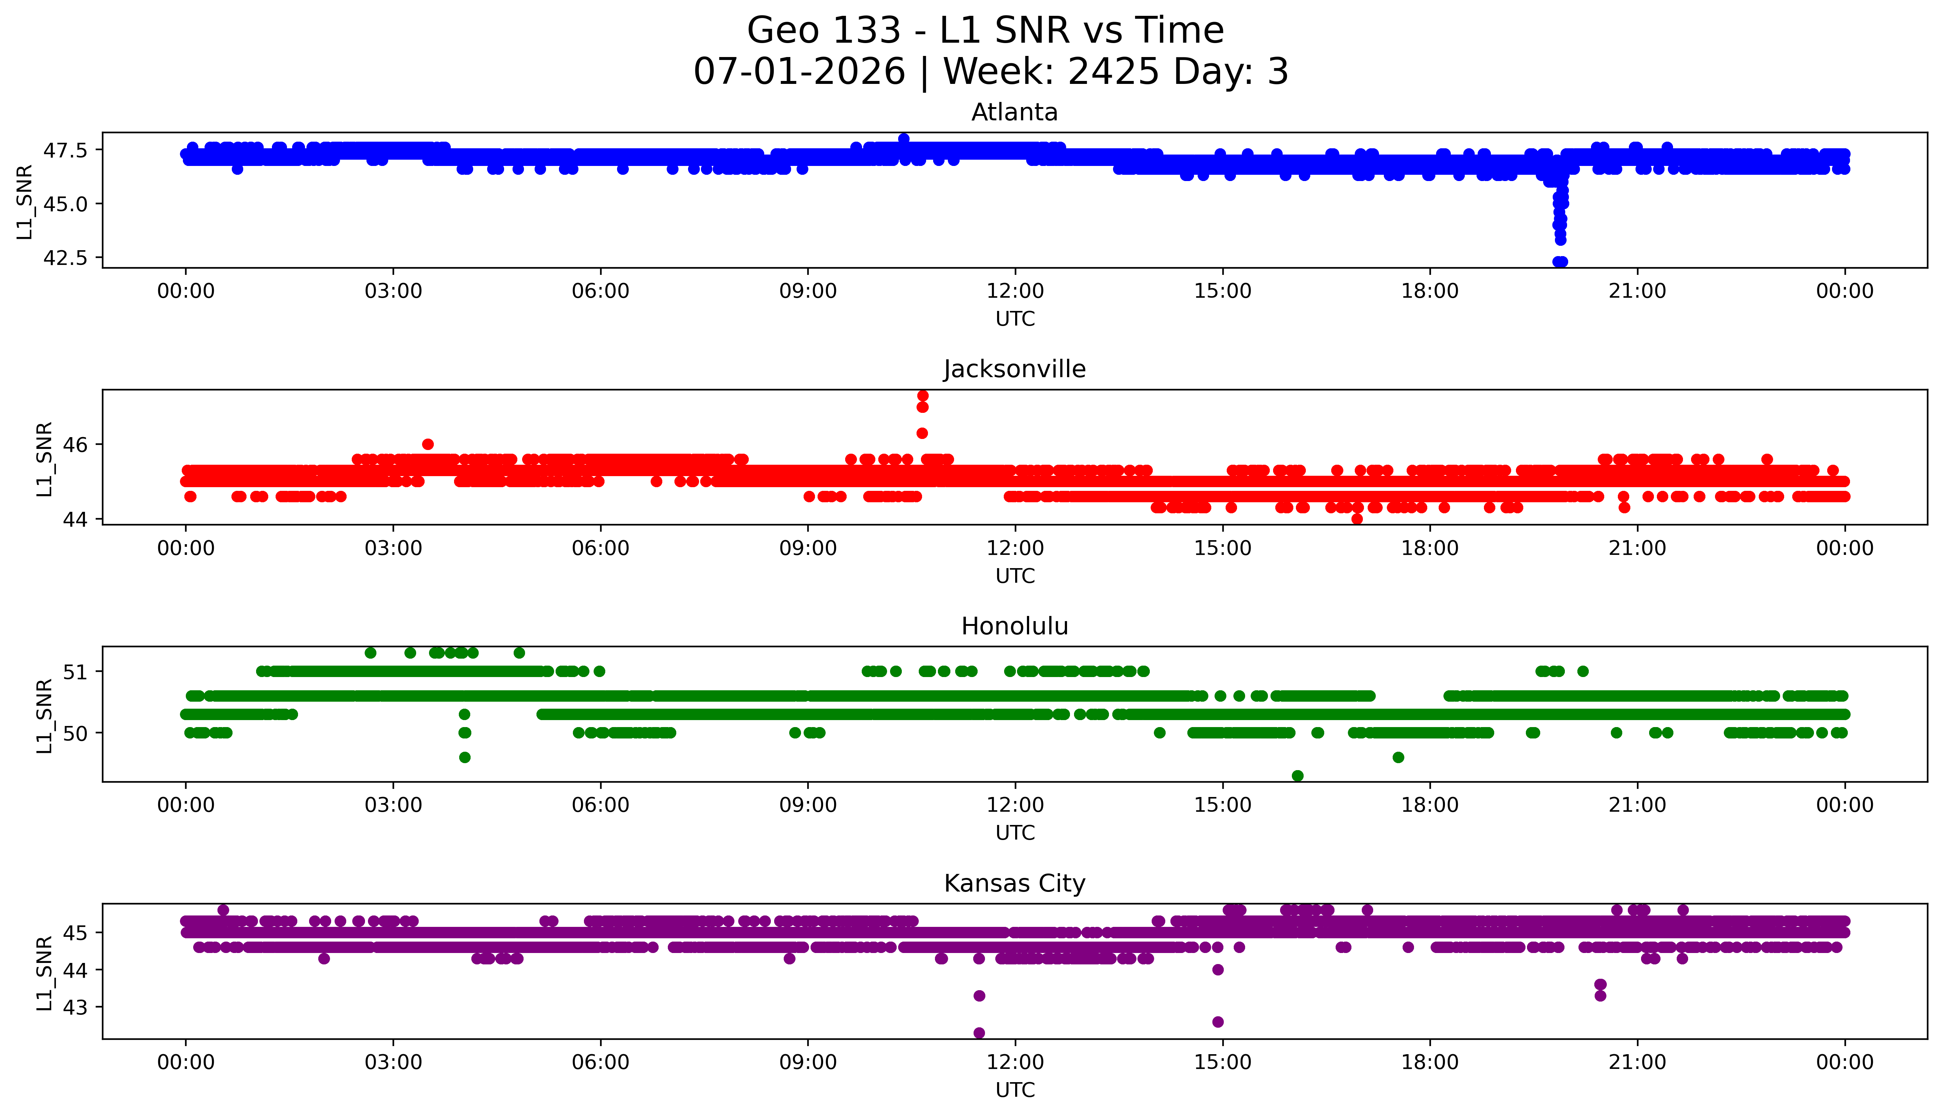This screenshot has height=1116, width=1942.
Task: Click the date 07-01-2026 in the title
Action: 799,71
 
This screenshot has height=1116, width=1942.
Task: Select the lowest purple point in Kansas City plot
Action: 979,1032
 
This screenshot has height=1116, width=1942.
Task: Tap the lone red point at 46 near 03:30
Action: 428,444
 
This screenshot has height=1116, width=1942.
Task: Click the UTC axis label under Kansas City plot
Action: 1015,1089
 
